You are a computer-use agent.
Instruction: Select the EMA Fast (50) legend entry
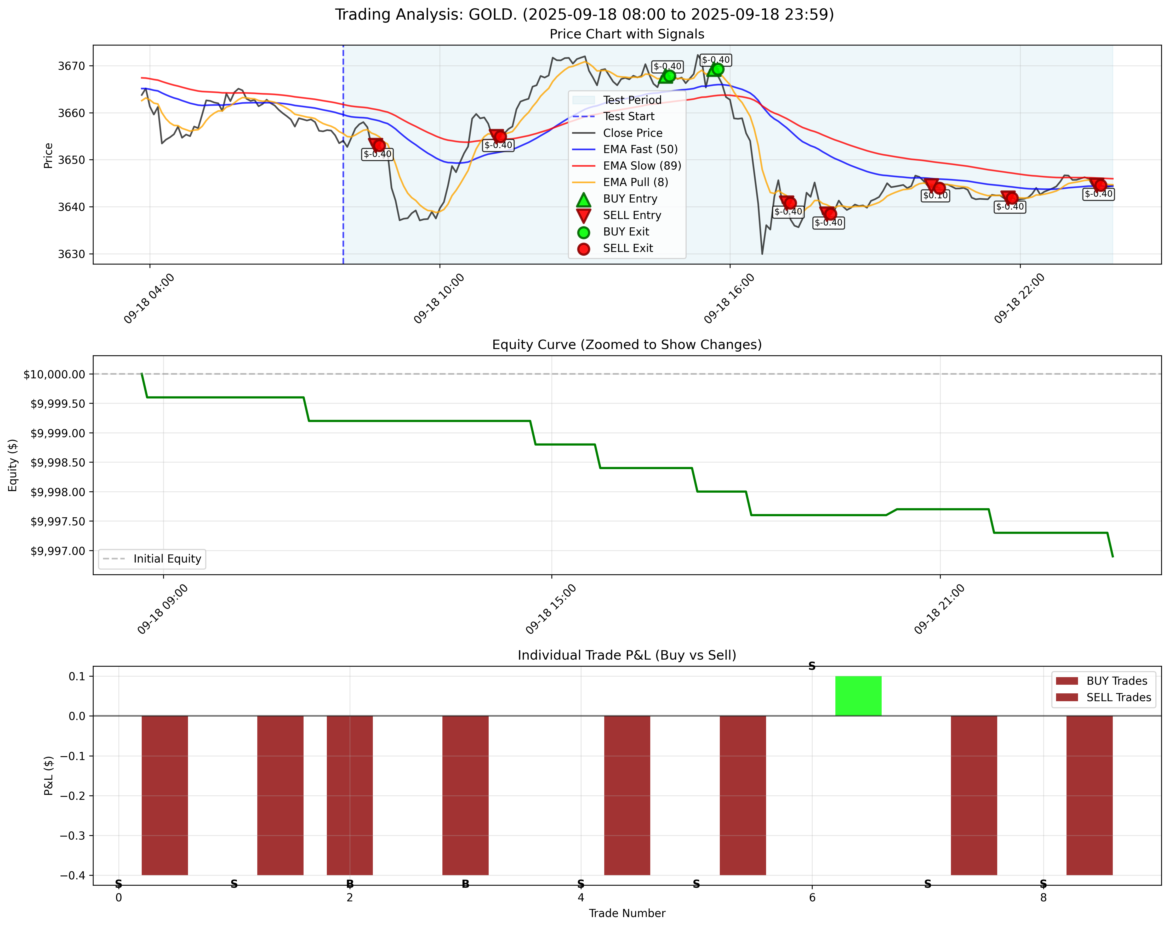coord(640,149)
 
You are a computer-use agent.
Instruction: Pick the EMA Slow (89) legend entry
coord(641,165)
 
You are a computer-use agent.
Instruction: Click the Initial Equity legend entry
coord(167,559)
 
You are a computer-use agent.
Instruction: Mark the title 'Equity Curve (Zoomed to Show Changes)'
coord(627,344)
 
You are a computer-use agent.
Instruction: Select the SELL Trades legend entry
coord(1118,698)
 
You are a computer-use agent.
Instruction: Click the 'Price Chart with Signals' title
coord(627,34)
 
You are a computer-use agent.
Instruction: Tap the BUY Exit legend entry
coord(626,232)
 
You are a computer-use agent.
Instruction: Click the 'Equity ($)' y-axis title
coord(13,465)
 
